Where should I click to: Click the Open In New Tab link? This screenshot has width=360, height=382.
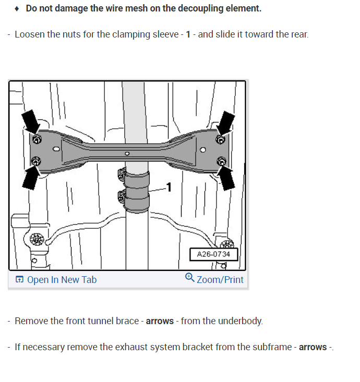tap(56, 280)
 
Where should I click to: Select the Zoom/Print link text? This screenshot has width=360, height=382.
tap(220, 280)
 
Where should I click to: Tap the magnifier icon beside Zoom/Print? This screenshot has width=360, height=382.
tap(190, 278)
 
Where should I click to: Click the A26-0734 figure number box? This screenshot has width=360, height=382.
tap(213, 254)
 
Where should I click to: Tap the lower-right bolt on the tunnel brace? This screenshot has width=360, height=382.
tap(220, 161)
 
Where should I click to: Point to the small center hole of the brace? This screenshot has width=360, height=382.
tap(127, 154)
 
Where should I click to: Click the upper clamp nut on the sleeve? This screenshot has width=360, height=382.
tap(122, 173)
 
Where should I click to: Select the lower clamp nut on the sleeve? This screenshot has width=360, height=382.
tap(122, 196)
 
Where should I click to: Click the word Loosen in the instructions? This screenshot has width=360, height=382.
tap(29, 34)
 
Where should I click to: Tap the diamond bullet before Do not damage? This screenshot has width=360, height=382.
tap(17, 9)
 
